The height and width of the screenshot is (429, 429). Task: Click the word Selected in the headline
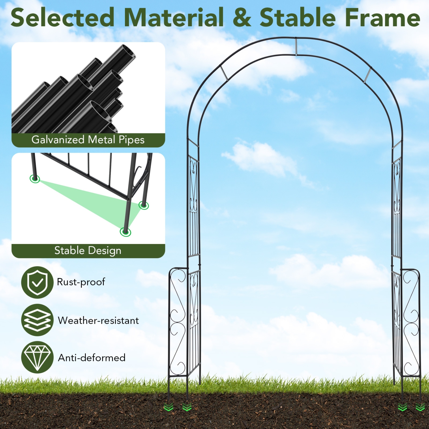62,18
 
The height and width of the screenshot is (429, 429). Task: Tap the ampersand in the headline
242,18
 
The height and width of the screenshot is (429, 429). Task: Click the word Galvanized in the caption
58,140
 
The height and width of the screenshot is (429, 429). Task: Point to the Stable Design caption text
88,251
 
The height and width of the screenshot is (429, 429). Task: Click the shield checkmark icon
37,283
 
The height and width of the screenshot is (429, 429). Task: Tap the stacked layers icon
37,320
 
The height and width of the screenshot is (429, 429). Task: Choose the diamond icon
37,357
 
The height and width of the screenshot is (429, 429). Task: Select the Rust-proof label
81,282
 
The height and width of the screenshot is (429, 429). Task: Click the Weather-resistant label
98,320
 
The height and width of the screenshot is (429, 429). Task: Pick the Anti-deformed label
92,357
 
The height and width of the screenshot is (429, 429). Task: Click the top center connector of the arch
296,46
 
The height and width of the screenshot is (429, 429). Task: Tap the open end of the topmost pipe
128,52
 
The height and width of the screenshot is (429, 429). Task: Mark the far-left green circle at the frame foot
35,179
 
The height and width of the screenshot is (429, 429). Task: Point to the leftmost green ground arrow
168,407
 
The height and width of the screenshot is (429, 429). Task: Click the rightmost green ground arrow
420,407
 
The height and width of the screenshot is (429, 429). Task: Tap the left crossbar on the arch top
224,73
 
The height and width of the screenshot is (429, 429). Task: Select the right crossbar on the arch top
368,75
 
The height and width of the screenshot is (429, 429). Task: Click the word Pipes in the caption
132,140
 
